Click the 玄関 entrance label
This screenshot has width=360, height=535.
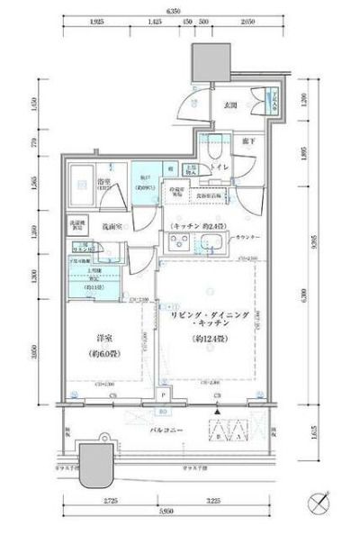coord(229,105)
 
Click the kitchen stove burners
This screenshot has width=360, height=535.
coord(179,241)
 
